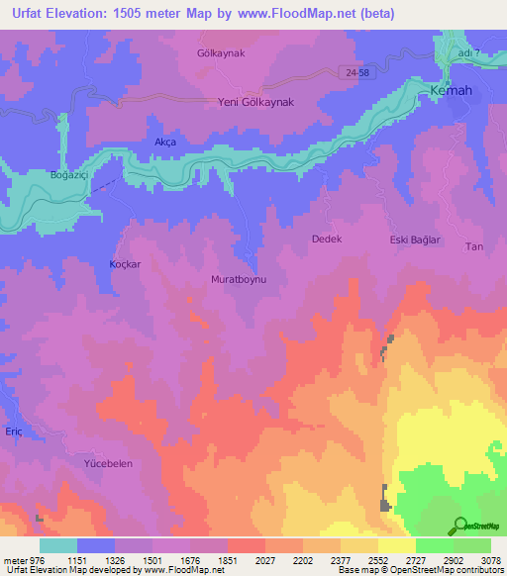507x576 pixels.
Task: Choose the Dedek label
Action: pos(327,240)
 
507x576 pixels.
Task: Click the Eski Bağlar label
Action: pos(414,240)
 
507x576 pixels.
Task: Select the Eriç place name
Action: pos(13,432)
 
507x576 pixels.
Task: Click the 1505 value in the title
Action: pos(148,13)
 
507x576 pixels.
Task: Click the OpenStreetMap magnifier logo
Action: pos(458,526)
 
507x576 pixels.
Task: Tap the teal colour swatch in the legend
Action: pos(58,545)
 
